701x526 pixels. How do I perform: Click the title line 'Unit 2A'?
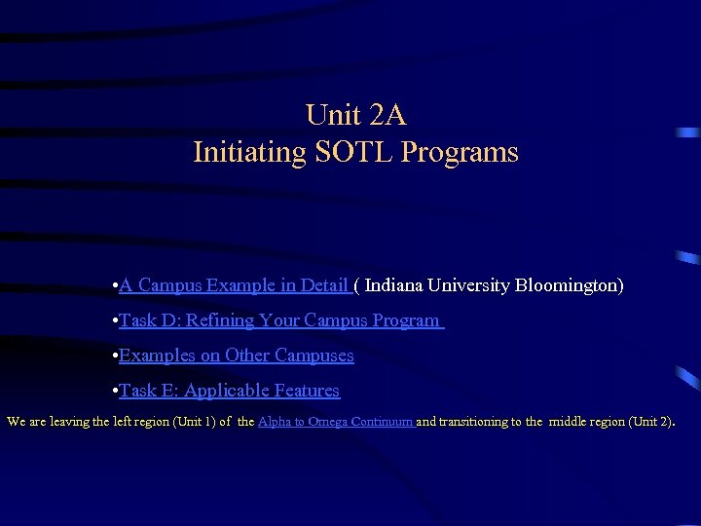pyautogui.click(x=355, y=115)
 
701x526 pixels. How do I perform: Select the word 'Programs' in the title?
pyautogui.click(x=460, y=153)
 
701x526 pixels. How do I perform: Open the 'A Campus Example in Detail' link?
pyautogui.click(x=234, y=285)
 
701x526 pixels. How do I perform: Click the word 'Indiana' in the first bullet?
pyautogui.click(x=398, y=285)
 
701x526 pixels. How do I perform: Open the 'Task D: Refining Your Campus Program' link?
pyautogui.click(x=279, y=320)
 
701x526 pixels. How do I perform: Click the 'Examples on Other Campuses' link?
pyautogui.click(x=237, y=356)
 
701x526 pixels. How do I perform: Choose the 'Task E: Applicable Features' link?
pyautogui.click(x=229, y=391)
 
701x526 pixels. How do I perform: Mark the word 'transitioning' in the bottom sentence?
pyautogui.click(x=474, y=422)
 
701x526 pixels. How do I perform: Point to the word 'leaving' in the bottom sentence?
pyautogui.click(x=71, y=422)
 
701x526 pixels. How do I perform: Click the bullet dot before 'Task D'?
pyautogui.click(x=115, y=321)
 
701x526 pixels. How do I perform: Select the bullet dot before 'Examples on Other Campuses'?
pyautogui.click(x=115, y=357)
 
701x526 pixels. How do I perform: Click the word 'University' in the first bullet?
pyautogui.click(x=471, y=285)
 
